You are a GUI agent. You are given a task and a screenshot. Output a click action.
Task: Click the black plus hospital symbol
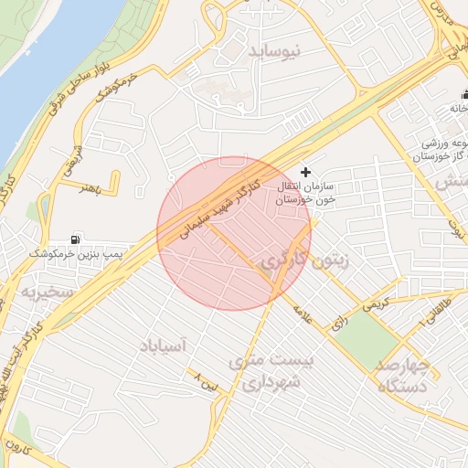[x=305, y=172]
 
